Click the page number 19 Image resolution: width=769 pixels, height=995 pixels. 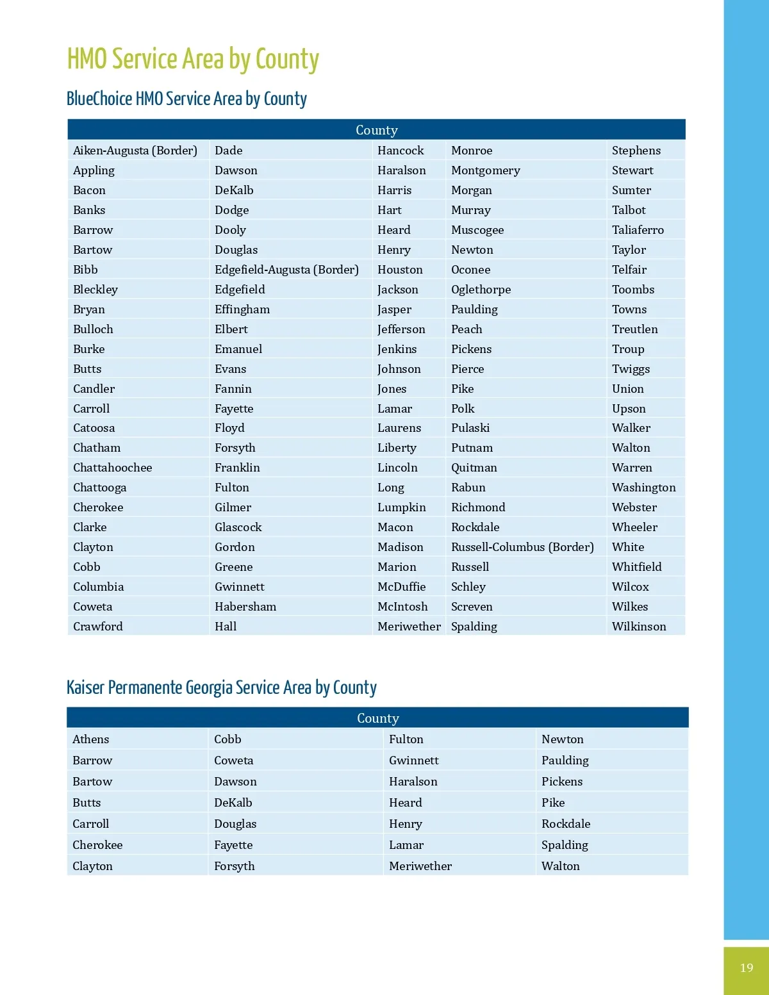click(746, 967)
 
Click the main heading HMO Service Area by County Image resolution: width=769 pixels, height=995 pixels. click(193, 59)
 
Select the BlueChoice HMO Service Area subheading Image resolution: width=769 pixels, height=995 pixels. click(186, 99)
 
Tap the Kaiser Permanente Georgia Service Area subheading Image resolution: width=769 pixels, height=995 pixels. click(222, 687)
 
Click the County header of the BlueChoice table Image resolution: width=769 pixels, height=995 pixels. click(377, 130)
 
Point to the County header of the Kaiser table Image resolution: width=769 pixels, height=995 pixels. click(377, 718)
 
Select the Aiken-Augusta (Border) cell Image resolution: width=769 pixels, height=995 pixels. click(135, 151)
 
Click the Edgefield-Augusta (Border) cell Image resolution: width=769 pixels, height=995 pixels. click(286, 270)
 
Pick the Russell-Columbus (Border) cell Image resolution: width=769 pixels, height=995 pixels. click(522, 547)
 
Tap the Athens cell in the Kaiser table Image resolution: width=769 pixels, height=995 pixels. click(91, 739)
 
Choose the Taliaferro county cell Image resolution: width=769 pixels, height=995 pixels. click(638, 230)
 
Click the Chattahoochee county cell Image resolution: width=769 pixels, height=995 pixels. click(113, 468)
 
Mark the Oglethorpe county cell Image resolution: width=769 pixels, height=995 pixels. click(481, 290)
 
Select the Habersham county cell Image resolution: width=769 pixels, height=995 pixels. click(245, 607)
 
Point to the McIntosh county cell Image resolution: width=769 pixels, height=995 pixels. click(402, 607)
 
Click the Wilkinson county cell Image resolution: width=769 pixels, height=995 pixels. click(639, 627)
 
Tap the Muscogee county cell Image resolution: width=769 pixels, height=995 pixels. click(477, 230)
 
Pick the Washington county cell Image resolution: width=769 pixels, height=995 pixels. click(643, 488)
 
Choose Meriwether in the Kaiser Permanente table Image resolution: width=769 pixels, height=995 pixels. click(420, 866)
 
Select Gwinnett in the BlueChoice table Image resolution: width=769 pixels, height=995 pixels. click(240, 587)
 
